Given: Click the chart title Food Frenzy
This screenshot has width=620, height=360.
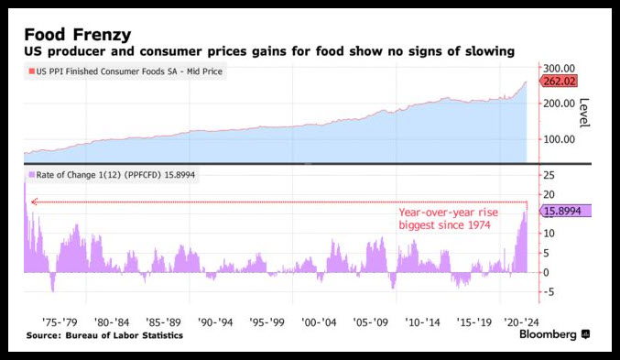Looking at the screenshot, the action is tap(78, 35).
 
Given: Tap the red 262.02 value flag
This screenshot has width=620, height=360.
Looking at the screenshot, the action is tap(559, 82).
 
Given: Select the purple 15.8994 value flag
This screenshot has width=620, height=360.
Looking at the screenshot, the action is tap(566, 211).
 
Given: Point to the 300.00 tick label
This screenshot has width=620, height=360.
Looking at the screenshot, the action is tap(559, 68).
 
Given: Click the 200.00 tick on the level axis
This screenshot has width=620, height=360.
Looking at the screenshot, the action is tap(559, 104).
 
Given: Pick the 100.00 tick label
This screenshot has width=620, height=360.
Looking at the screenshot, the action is tap(559, 139).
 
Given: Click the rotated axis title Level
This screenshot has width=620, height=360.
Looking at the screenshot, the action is tap(584, 113).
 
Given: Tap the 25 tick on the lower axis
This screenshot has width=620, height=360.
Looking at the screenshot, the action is tap(549, 175).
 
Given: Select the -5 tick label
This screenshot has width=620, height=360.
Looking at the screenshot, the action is tap(548, 292).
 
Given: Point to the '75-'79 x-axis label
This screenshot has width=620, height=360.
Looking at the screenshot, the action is tap(60, 322).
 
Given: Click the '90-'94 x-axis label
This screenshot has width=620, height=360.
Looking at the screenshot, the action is tap(215, 322).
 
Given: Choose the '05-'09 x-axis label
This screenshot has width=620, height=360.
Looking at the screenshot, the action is tap(371, 322).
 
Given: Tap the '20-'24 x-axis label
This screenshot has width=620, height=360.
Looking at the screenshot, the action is tap(521, 322).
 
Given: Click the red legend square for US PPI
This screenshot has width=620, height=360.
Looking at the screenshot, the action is tap(32, 71).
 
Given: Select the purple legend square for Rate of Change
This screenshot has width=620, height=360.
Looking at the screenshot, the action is tap(32, 175).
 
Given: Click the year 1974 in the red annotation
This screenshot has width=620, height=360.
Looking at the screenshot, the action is tap(479, 225).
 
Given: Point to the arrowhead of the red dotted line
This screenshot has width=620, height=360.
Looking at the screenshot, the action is tap(34, 202).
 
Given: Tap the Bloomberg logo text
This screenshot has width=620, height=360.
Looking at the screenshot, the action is tap(548, 334).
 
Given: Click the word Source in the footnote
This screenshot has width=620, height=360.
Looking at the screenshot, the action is tap(43, 335).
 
